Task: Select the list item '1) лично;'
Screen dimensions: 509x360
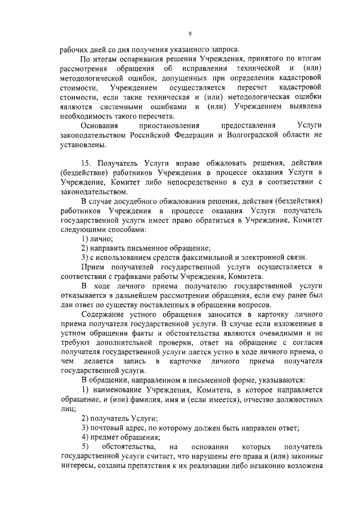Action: pyautogui.click(x=97, y=238)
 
